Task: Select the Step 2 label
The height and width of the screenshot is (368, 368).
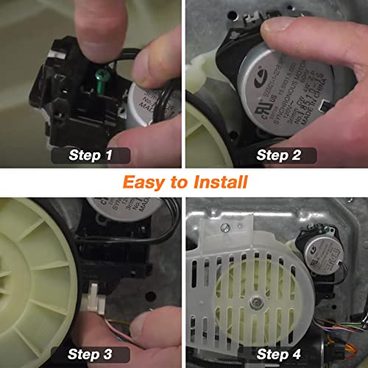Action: pyautogui.click(x=277, y=155)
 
